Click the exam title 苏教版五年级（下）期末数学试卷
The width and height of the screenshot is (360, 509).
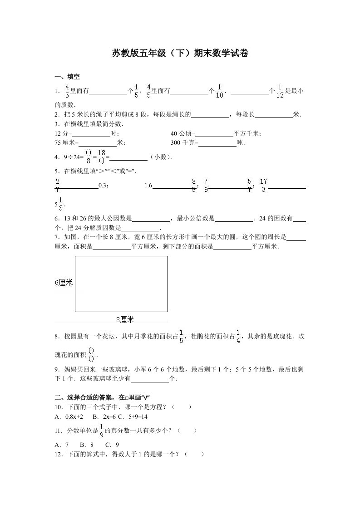(x=180, y=54)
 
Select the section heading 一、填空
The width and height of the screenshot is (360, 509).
(x=67, y=77)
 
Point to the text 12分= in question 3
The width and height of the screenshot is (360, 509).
(x=63, y=133)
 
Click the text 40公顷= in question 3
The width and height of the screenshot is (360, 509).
(x=182, y=133)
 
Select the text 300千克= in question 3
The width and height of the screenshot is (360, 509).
(x=185, y=143)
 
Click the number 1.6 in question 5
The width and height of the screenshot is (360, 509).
(x=148, y=185)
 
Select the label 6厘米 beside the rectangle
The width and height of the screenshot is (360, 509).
(x=64, y=282)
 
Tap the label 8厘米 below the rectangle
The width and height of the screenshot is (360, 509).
(x=125, y=320)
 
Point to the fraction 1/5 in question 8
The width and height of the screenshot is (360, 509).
(x=182, y=337)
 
